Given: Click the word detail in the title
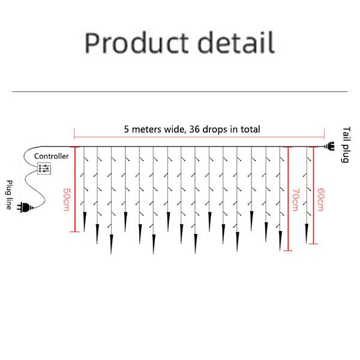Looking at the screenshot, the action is pos(236,43).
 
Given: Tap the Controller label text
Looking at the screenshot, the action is pos(52,157).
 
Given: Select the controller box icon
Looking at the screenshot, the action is pos(44,168).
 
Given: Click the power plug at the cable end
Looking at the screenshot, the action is pos(25,208).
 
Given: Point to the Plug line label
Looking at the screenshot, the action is pos(9,195).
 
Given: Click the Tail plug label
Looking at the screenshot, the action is pos(346,145).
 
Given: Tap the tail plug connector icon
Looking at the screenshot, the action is pos(329,146).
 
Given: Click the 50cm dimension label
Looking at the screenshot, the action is pos(66,200).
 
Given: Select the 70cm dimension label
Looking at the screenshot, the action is pos(295,200).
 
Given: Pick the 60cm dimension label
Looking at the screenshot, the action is pos(321,200).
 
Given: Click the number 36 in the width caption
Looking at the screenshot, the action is pos(194,129).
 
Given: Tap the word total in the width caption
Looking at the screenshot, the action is pos(250,129).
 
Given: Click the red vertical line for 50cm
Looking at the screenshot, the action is pos(75,189).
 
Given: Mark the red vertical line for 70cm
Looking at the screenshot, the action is pos(288,199).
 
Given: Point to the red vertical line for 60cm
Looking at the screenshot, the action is pos(313,195).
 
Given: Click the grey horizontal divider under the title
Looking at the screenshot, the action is pos(180,92).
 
